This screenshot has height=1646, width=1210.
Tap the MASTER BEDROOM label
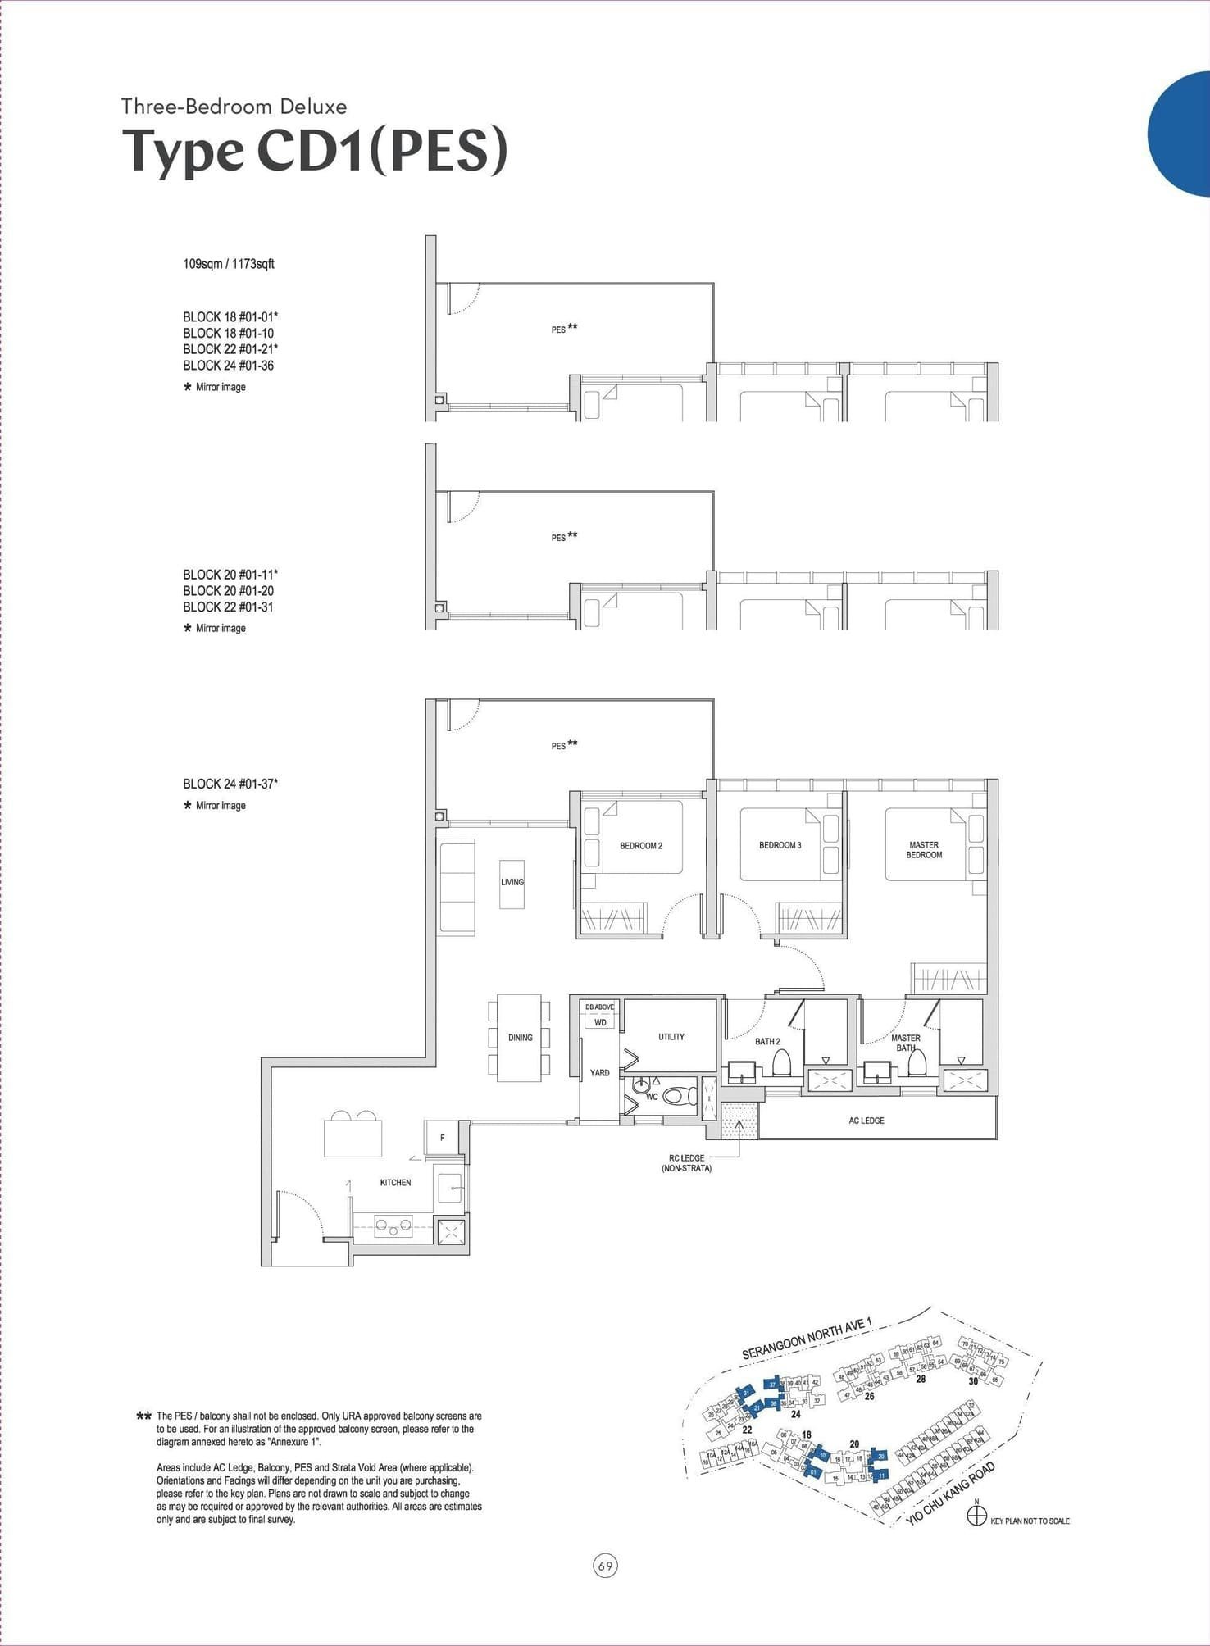[924, 849]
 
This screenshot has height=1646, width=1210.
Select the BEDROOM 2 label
[640, 845]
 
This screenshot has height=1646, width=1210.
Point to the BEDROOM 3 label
[780, 844]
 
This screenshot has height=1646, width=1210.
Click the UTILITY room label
[671, 1037]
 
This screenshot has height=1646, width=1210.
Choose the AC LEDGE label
[867, 1121]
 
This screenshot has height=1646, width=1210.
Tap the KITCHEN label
[395, 1182]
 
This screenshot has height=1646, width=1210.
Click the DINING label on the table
[520, 1038]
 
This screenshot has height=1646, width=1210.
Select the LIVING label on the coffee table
[512, 882]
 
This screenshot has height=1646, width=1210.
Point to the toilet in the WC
[677, 1095]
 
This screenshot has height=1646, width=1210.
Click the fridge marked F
[443, 1138]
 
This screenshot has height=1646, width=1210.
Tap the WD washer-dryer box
[600, 1022]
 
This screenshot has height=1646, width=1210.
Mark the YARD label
[599, 1073]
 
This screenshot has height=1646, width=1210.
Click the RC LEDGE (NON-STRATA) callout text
[686, 1163]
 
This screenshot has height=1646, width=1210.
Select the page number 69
[605, 1566]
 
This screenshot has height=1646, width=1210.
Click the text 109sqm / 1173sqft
[228, 264]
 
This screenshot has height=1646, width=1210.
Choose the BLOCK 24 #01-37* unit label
[230, 784]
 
